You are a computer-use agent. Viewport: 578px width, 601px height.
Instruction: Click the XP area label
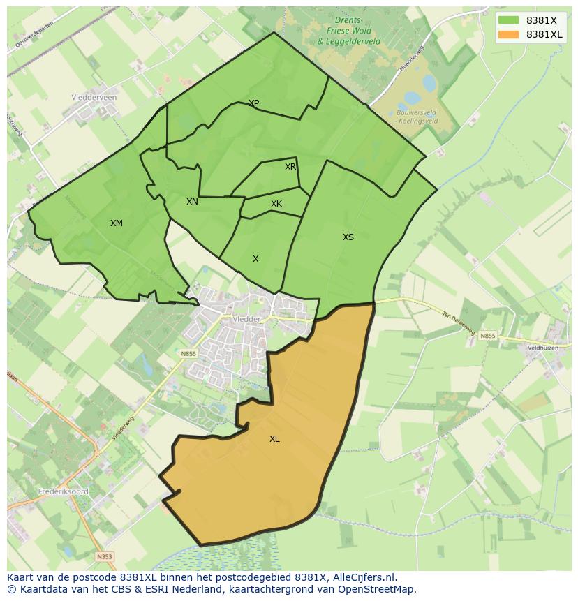(254, 103)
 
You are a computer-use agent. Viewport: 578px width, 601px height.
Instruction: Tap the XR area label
(290, 167)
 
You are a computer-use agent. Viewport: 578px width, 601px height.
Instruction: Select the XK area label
(276, 204)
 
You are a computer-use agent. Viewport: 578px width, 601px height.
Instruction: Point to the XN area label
(192, 202)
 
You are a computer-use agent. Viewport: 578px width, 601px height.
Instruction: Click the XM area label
(116, 223)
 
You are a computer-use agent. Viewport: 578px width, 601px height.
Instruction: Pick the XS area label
(348, 237)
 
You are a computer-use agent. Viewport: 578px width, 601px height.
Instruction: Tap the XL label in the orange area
(274, 439)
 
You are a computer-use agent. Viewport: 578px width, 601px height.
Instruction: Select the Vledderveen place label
(94, 98)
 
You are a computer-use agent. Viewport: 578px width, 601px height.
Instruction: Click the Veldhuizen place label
(544, 347)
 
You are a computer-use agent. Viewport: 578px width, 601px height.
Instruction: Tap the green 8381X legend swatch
(509, 20)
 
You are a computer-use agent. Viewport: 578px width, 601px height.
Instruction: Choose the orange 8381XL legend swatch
(509, 34)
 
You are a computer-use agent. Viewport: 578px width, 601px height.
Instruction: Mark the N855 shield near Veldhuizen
(487, 336)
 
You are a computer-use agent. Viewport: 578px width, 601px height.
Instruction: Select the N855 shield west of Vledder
(188, 354)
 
